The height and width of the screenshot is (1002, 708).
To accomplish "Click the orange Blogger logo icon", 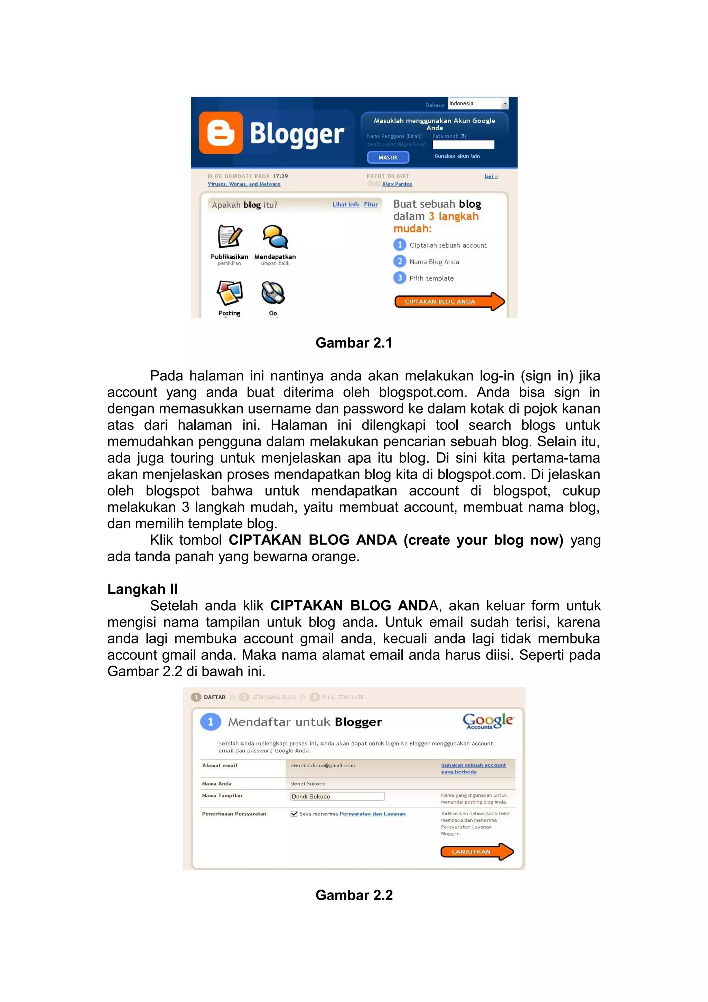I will (x=221, y=133).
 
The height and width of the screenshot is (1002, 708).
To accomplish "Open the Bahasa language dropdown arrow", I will (x=505, y=103).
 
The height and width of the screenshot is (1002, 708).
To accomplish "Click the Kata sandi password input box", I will (x=463, y=145).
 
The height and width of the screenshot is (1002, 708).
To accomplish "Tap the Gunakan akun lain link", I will (x=457, y=156).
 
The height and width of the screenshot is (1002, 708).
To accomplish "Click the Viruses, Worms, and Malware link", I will (x=244, y=184).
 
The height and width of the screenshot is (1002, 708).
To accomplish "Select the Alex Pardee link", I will (x=397, y=184).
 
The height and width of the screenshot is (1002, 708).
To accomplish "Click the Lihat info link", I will (x=345, y=204).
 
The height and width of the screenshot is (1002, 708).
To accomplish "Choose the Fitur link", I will (x=371, y=204).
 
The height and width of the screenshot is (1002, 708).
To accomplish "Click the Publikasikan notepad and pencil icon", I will (x=230, y=237).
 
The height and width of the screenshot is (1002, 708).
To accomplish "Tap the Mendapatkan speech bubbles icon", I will (x=275, y=237).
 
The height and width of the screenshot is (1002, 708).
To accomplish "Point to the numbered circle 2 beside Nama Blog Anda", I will (x=399, y=261).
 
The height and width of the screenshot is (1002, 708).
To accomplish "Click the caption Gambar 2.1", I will (x=354, y=343).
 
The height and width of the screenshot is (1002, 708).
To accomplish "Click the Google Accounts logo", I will (x=488, y=721).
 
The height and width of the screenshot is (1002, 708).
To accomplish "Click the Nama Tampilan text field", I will (x=337, y=797).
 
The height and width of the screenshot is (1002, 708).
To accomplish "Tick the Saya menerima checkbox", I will (x=294, y=814).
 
